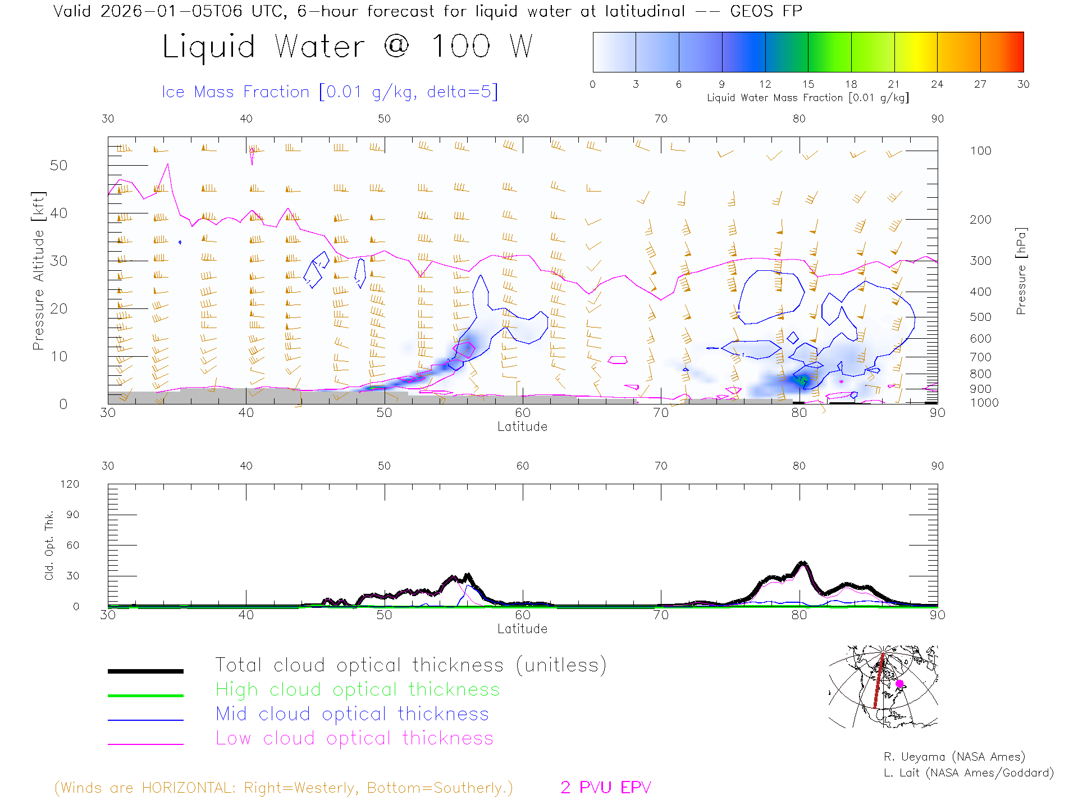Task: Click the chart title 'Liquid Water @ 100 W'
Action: pos(347,47)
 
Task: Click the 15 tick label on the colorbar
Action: pos(808,84)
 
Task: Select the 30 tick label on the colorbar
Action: pos(1023,84)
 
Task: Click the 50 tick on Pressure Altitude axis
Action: pos(58,165)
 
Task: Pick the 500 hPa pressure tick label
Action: pos(980,317)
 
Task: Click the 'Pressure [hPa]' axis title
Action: pos(1021,271)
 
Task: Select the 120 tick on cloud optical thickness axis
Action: pos(70,484)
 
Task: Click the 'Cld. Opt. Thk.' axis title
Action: pos(49,545)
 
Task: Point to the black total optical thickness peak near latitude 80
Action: pos(803,563)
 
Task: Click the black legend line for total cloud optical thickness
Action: pos(145,671)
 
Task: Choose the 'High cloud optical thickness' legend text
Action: pos(358,689)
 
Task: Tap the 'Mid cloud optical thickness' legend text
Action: pos(352,714)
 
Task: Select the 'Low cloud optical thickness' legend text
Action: pos(354,738)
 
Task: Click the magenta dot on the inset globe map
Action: pos(899,684)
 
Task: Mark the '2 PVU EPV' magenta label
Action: pos(605,788)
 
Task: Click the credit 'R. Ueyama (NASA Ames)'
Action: pos(954,757)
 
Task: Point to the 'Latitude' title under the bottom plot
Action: pos(522,629)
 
